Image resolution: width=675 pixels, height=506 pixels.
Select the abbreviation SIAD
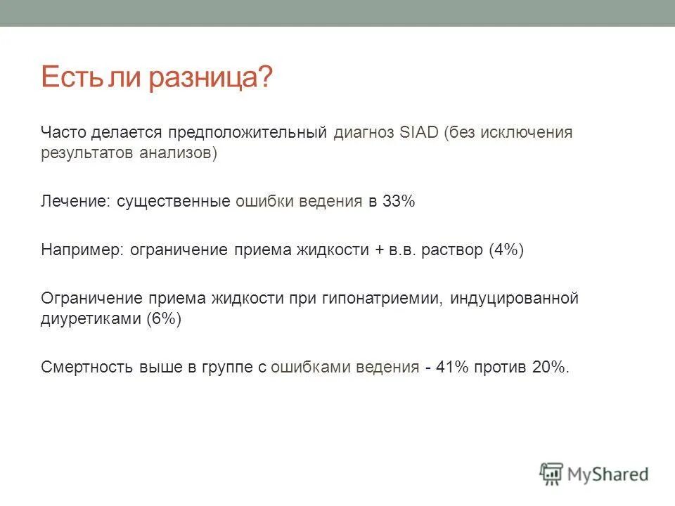(419, 132)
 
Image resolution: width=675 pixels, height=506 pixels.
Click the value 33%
(399, 202)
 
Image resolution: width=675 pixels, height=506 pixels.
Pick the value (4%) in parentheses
(506, 249)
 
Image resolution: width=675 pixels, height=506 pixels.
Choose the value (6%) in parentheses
(164, 318)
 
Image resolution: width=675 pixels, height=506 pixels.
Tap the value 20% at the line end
(551, 367)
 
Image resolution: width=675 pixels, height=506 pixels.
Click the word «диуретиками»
(91, 318)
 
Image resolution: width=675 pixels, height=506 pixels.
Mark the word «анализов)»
(185, 153)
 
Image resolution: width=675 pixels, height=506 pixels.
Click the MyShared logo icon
(552, 473)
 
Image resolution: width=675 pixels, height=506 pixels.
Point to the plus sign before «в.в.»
(378, 250)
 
